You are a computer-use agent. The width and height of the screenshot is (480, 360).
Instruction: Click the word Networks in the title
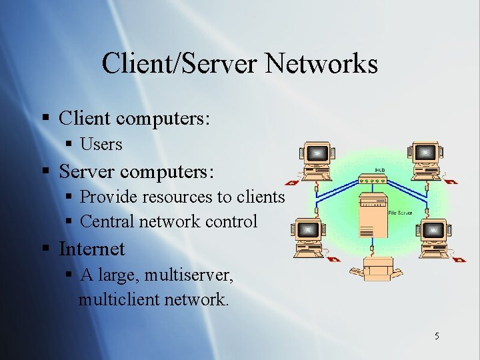[x=322, y=64]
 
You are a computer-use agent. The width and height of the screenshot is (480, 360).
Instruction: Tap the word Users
[x=101, y=143]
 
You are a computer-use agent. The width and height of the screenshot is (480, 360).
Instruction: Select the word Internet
[x=92, y=249]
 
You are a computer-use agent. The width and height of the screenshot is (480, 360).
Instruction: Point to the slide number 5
[x=437, y=336]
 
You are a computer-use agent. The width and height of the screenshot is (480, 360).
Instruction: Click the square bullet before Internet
[x=46, y=249]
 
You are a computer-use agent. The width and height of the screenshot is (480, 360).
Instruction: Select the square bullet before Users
[x=69, y=144]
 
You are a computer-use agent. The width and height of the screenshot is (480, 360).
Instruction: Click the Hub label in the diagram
[x=380, y=169]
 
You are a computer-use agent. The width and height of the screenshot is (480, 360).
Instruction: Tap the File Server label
[x=400, y=213]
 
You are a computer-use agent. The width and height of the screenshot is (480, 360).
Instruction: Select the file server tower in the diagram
[x=372, y=216]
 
